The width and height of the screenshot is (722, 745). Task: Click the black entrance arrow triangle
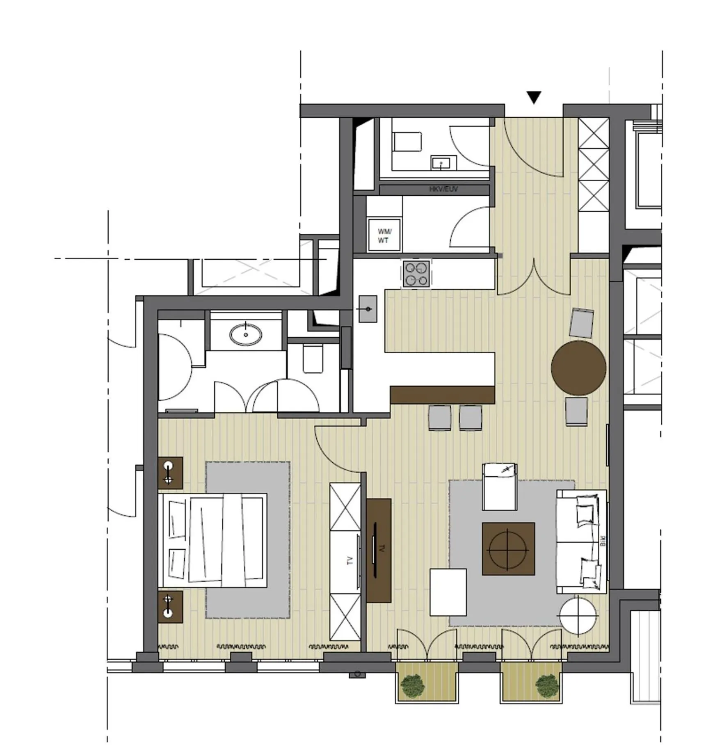pyautogui.click(x=534, y=97)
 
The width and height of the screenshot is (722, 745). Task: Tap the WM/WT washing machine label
pyautogui.click(x=384, y=236)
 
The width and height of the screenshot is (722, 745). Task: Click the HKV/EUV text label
pyautogui.click(x=443, y=189)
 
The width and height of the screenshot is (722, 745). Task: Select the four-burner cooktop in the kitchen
pyautogui.click(x=416, y=274)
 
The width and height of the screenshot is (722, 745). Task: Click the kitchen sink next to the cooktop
pyautogui.click(x=368, y=309)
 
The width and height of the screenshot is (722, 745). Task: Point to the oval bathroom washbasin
pyautogui.click(x=246, y=334)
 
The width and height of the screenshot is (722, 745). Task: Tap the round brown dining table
pyautogui.click(x=578, y=368)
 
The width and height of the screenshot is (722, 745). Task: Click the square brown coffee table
pyautogui.click(x=508, y=548)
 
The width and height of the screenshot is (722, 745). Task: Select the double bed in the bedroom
pyautogui.click(x=213, y=540)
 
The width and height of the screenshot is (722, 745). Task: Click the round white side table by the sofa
pyautogui.click(x=578, y=615)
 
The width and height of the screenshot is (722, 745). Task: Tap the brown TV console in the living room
pyautogui.click(x=379, y=550)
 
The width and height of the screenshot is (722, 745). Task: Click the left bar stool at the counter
pyautogui.click(x=439, y=418)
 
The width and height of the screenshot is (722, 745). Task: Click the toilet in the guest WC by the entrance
pyautogui.click(x=407, y=142)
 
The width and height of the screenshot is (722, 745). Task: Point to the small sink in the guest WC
pyautogui.click(x=443, y=163)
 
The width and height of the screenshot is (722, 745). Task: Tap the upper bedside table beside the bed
pyautogui.click(x=170, y=473)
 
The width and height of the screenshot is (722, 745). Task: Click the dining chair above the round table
pyautogui.click(x=582, y=322)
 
